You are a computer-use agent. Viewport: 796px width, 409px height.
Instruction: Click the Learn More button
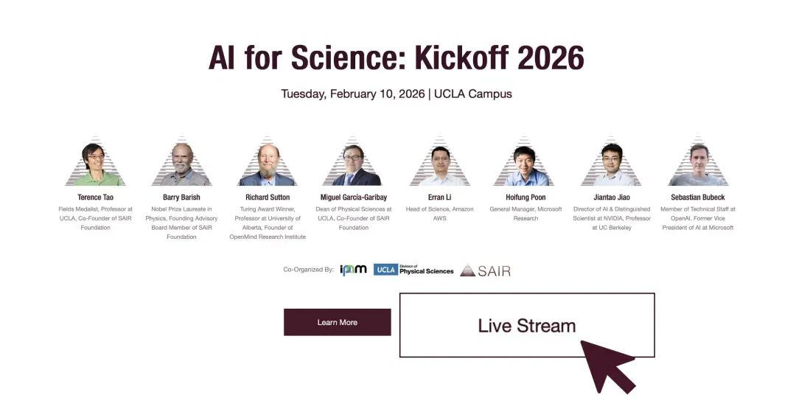337,322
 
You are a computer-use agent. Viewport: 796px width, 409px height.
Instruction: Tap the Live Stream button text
527,326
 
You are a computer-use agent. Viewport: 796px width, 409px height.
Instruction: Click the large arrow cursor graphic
608,366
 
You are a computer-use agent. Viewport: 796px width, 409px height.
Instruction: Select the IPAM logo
353,270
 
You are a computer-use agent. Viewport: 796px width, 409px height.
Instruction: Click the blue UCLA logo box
385,270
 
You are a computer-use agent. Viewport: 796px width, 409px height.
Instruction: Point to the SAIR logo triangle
467,270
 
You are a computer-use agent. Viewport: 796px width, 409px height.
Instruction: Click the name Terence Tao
95,197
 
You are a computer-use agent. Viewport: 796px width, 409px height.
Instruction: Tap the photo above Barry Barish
181,162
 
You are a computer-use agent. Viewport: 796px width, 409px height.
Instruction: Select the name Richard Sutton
268,197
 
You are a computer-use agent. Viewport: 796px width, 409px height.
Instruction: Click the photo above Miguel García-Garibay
353,162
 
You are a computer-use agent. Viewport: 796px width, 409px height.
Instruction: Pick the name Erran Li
439,197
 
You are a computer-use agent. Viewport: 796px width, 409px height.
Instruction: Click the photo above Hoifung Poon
526,162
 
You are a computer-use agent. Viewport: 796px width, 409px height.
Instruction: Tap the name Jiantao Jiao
612,197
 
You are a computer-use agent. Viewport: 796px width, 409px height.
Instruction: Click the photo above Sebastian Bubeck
698,162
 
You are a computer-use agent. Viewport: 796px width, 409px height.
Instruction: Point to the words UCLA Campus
473,94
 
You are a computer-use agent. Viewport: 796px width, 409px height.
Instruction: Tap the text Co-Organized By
308,270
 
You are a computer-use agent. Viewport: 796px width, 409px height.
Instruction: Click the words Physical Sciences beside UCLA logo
427,271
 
